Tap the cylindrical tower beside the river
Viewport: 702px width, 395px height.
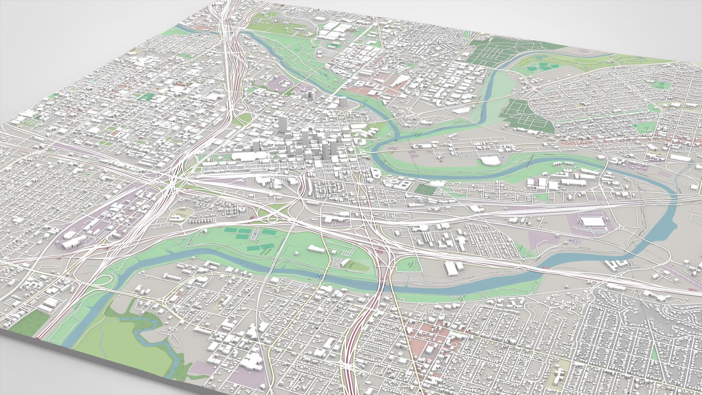(343, 103)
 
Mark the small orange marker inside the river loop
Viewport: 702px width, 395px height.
(440, 162)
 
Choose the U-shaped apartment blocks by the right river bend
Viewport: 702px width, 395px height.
(617, 264)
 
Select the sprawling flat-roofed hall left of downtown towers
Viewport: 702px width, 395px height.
(246, 156)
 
